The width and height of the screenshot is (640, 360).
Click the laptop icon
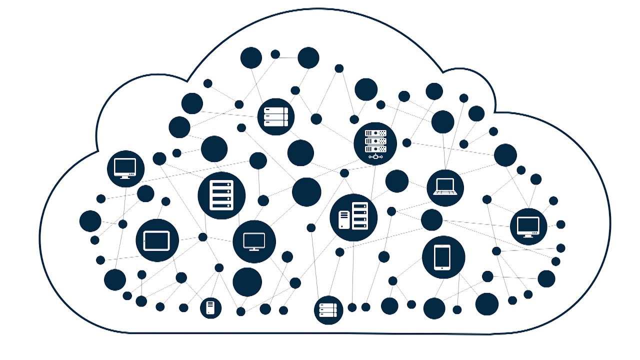point(445,187)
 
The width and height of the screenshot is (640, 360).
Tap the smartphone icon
point(443,257)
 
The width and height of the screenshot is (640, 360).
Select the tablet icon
point(157,240)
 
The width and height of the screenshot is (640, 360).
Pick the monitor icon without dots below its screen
point(254,241)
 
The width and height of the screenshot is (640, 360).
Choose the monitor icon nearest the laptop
point(528,226)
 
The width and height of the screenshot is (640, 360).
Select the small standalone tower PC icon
point(210,307)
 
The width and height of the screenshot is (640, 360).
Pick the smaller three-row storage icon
point(328,310)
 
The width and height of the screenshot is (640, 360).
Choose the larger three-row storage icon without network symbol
point(276,116)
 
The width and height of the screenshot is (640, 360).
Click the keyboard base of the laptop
point(445,193)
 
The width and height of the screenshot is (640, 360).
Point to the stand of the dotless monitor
point(254,248)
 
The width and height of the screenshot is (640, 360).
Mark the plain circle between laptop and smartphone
point(431,220)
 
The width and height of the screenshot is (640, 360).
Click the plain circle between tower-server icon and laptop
point(396,181)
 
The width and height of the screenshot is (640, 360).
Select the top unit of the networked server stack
point(375,133)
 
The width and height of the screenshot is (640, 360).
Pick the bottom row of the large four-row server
point(221,205)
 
